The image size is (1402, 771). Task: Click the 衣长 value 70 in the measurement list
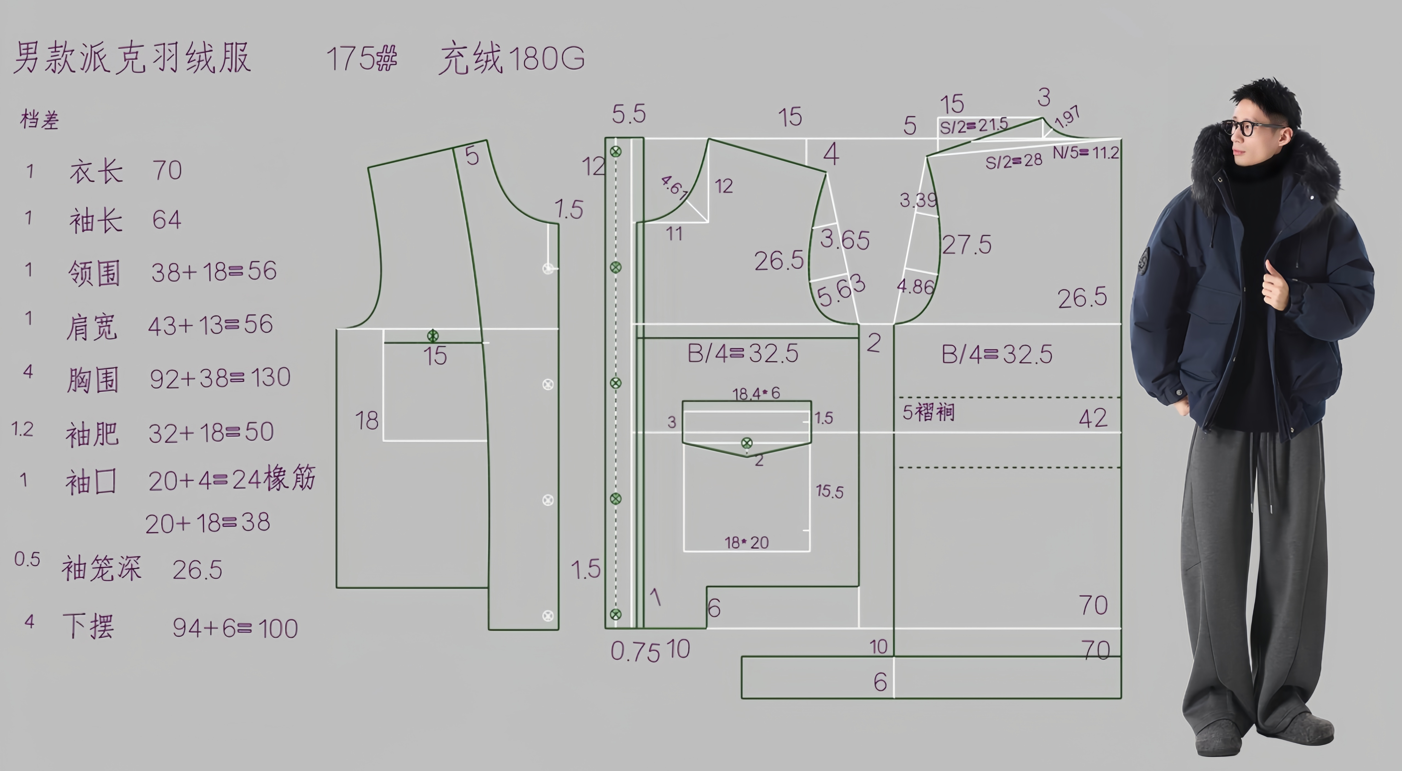click(x=166, y=170)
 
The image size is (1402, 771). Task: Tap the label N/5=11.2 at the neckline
click(x=1085, y=152)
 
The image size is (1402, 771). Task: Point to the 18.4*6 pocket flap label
click(x=756, y=393)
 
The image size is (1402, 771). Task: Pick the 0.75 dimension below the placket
click(x=635, y=651)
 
